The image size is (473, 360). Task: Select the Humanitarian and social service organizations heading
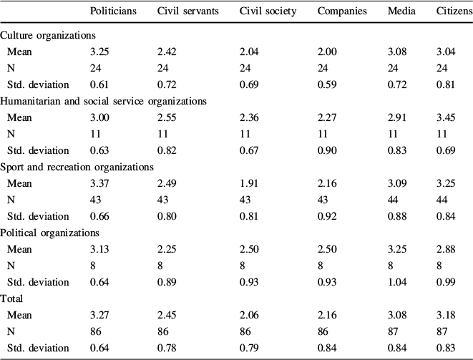[104, 101]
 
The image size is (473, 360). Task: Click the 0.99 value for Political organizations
[445, 281]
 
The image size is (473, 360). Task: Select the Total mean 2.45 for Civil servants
[168, 314]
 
